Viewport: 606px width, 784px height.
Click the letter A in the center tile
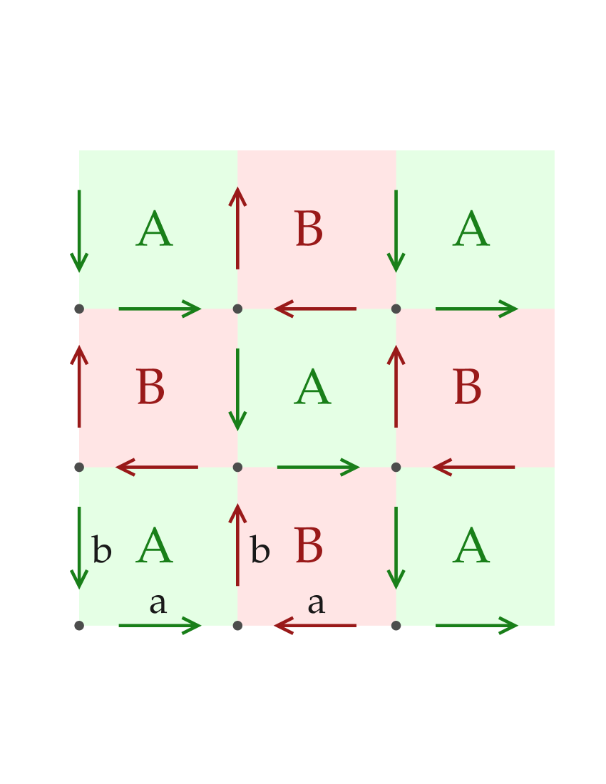click(x=312, y=389)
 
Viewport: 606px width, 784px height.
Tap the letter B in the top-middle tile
click(x=309, y=231)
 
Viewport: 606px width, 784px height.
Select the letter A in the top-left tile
click(x=154, y=231)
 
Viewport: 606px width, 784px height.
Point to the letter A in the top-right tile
click(x=471, y=231)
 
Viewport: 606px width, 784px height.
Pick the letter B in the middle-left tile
click(x=150, y=389)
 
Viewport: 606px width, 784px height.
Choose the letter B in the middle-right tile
click(x=467, y=389)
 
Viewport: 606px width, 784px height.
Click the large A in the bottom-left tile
click(x=154, y=547)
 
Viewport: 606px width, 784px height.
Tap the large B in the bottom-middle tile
click(x=309, y=547)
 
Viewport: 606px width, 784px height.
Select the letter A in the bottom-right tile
click(x=471, y=547)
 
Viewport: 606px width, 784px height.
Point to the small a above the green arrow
click(x=158, y=604)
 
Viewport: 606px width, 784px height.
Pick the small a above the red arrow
click(x=316, y=604)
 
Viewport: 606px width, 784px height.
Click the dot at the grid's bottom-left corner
click(x=79, y=626)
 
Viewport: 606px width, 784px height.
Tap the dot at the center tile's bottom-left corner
click(x=237, y=468)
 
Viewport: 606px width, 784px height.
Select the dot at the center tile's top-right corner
click(x=396, y=309)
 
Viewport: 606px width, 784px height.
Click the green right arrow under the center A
click(x=317, y=468)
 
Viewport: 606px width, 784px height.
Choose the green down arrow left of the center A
click(x=237, y=389)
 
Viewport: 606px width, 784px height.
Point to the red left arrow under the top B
click(x=316, y=309)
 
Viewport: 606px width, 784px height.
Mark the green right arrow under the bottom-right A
click(x=476, y=626)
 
